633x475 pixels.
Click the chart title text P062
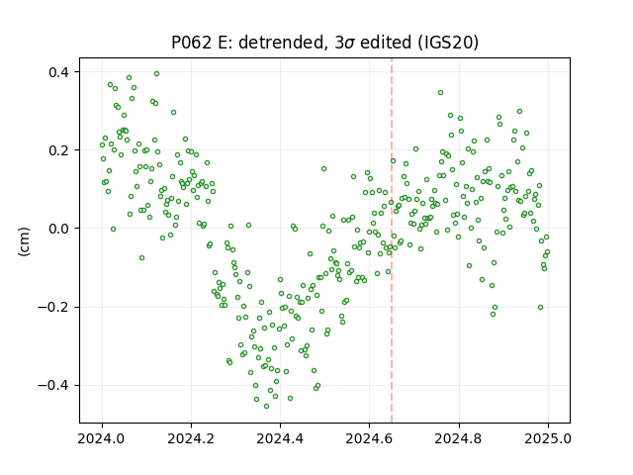[x=192, y=43]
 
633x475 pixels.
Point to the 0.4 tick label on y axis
[x=59, y=72]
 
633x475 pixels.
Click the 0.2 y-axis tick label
[x=59, y=150]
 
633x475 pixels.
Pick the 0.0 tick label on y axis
[x=59, y=229]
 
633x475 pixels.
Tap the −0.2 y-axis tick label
[x=53, y=308]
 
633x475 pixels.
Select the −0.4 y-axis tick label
[x=53, y=386]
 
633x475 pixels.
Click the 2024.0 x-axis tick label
[x=102, y=438]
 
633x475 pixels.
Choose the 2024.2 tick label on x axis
[x=191, y=438]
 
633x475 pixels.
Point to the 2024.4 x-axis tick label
[x=280, y=438]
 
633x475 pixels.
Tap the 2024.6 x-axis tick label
[x=369, y=438]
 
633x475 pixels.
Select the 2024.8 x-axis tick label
[x=459, y=438]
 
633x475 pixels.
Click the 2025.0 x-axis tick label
[x=548, y=438]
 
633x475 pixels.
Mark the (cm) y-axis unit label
[x=24, y=241]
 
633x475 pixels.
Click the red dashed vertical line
[x=392, y=240]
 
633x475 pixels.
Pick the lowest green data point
[x=266, y=406]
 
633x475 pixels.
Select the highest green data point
[x=156, y=73]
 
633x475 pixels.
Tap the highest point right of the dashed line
[x=440, y=92]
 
